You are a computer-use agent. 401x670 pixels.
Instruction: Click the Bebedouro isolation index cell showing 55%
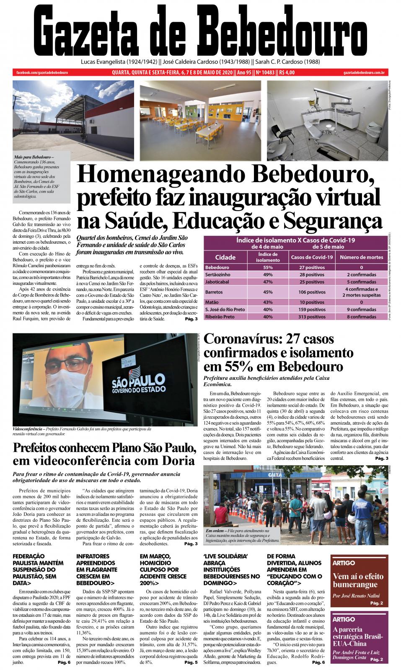coord(268,267)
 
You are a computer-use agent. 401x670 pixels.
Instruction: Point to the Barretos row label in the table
coord(215,292)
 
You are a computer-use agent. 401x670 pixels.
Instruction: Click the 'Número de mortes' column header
coord(361,257)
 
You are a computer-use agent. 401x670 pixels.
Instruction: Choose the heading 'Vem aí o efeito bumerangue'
coord(355,580)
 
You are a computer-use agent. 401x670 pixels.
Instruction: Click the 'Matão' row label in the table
coord(212,302)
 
